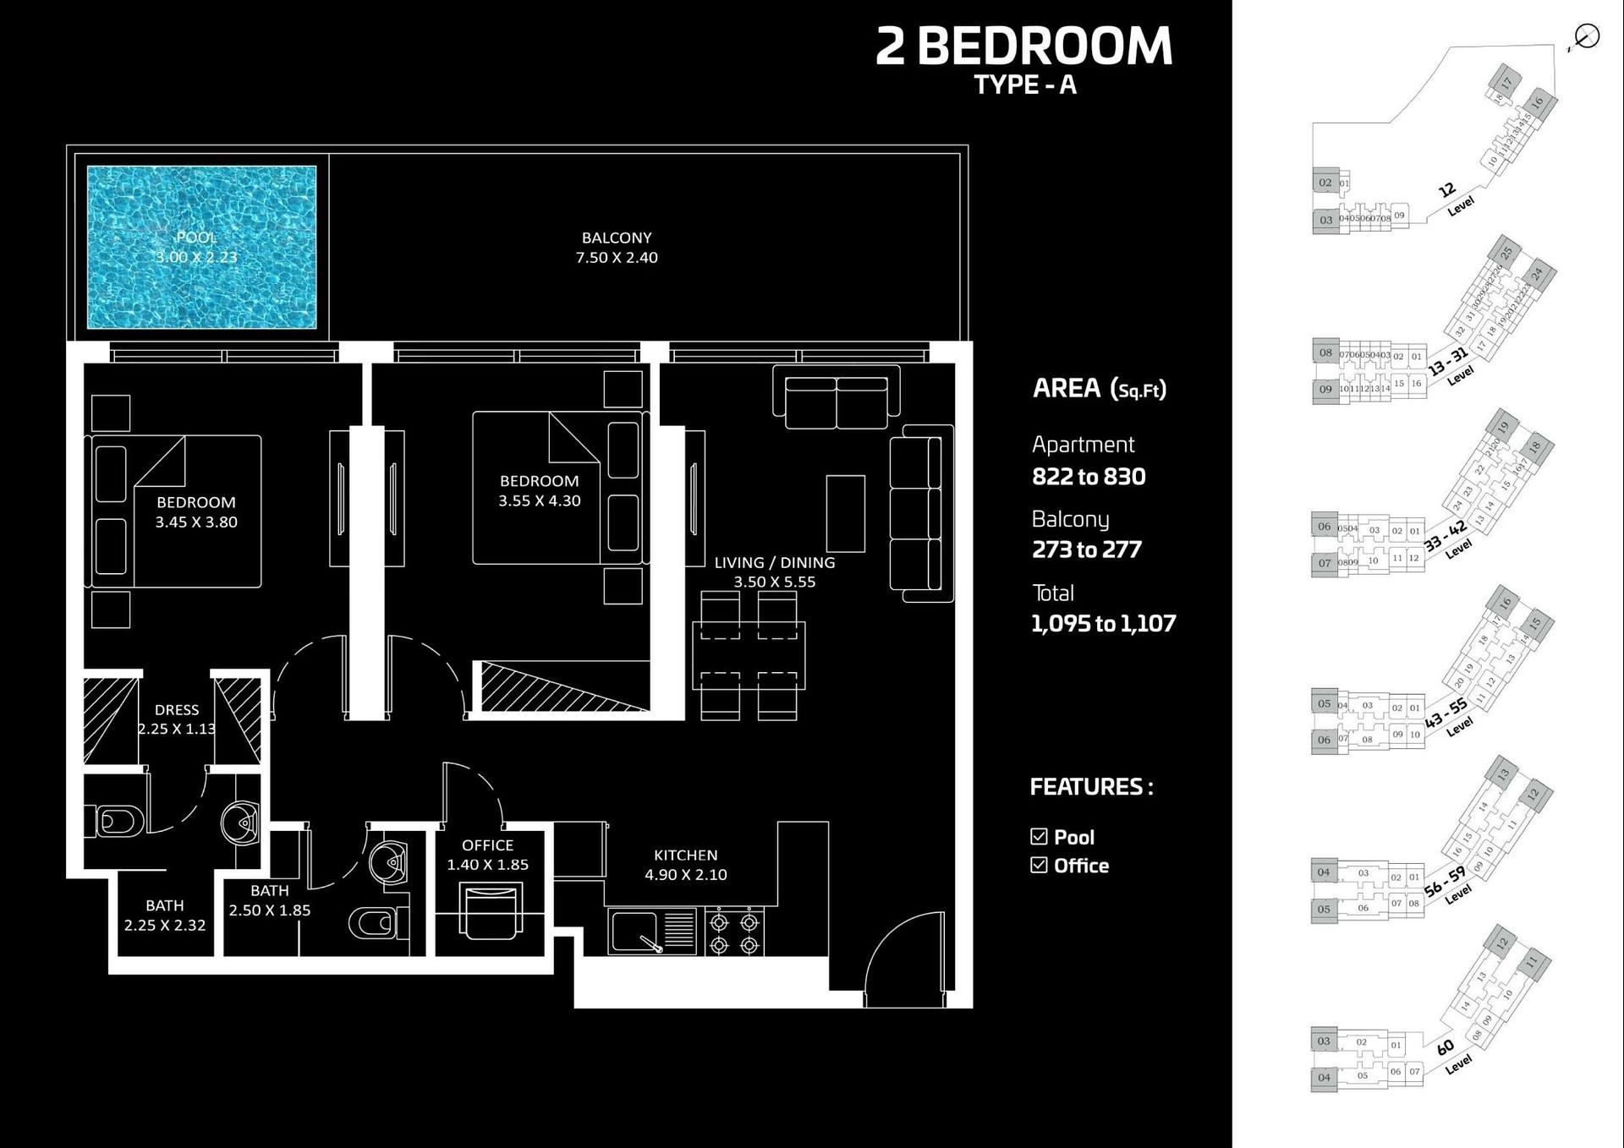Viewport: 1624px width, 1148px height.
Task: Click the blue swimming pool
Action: pos(201,247)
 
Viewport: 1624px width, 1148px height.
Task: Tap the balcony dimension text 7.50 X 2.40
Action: pos(617,258)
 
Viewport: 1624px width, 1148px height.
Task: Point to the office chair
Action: pos(490,911)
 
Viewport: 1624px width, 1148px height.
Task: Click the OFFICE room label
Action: pos(487,845)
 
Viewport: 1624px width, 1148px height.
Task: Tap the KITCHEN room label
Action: pos(685,856)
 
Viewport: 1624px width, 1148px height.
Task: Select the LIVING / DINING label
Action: pos(774,563)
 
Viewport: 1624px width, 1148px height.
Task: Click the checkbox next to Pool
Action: pos(1039,837)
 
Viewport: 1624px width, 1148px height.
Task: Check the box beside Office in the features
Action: pos(1039,865)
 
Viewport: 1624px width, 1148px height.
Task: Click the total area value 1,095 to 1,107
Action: pos(1103,624)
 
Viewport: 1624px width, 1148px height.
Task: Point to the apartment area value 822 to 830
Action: pos(1089,477)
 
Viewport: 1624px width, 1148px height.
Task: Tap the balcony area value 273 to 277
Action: pos(1086,550)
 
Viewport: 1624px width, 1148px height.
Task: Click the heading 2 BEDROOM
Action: pos(1023,46)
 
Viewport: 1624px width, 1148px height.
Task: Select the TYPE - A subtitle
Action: pos(1024,85)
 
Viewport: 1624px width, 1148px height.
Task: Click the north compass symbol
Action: pos(1587,37)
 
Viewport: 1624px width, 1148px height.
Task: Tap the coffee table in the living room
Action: pos(845,513)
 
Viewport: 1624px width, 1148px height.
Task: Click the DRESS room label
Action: pos(177,710)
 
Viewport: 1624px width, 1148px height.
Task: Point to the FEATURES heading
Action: pos(1090,787)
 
